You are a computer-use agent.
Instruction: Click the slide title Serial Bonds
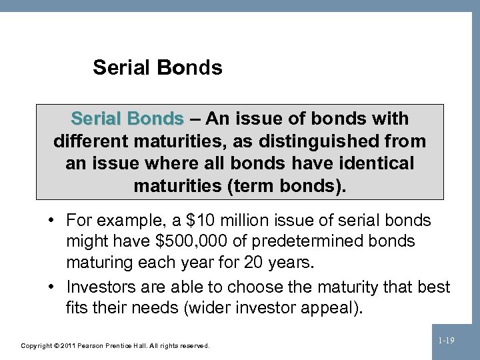point(157,67)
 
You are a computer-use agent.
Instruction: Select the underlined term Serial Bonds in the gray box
point(127,119)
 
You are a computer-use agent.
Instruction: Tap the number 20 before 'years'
point(253,262)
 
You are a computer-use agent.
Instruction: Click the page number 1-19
point(446,341)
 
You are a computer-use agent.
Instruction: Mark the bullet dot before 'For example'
point(51,221)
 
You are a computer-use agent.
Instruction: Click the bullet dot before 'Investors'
point(51,287)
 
